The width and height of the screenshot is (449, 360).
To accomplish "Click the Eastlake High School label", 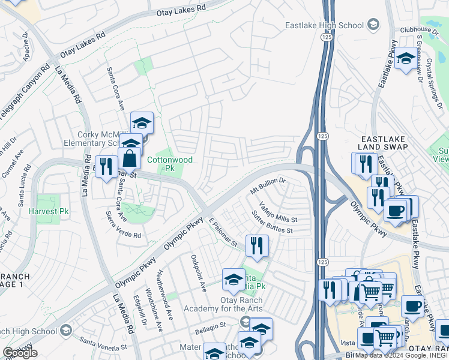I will [x=324, y=25].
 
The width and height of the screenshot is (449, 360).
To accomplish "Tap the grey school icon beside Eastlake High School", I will [x=373, y=25].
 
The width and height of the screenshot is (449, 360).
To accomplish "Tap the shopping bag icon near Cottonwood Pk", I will [x=130, y=159].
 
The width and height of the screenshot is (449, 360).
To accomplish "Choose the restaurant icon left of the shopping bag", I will [x=106, y=167].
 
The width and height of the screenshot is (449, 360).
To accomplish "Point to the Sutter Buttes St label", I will [x=272, y=222].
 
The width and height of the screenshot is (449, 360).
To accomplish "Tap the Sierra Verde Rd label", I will [x=123, y=223].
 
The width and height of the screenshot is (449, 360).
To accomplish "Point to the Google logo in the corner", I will [x=20, y=353].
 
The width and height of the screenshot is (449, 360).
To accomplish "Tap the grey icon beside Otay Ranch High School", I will [x=65, y=330].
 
